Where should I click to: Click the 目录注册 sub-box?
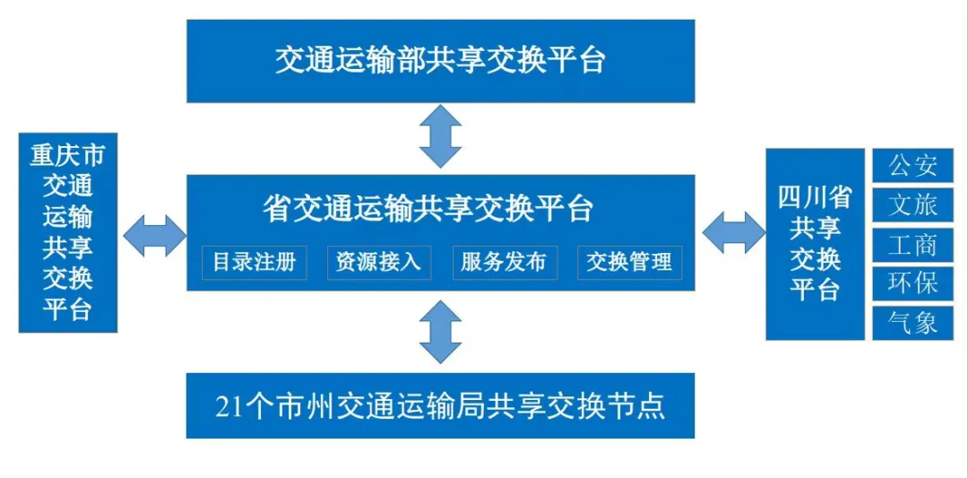pyautogui.click(x=254, y=262)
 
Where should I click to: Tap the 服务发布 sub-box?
pyautogui.click(x=504, y=262)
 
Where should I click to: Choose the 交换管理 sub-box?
pyautogui.click(x=629, y=262)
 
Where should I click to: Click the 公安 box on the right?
pyautogui.click(x=913, y=166)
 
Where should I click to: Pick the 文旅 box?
pyautogui.click(x=913, y=205)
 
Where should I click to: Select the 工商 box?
pyautogui.click(x=913, y=244)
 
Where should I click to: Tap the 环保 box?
pyautogui.click(x=913, y=282)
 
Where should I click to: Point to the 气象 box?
pyautogui.click(x=913, y=322)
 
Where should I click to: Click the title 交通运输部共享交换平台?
pyautogui.click(x=440, y=60)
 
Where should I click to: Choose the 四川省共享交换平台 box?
pyautogui.click(x=815, y=243)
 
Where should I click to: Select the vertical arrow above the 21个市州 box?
pyautogui.click(x=440, y=332)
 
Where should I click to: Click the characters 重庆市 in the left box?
pyautogui.click(x=68, y=155)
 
